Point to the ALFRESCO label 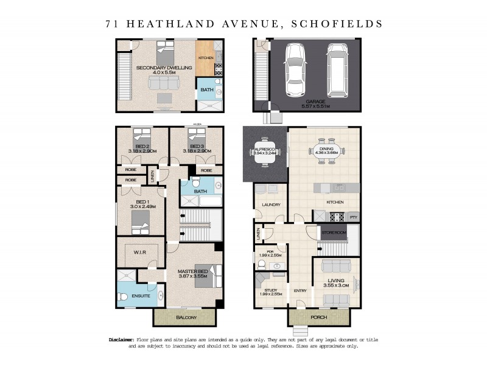click(265, 148)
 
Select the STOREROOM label click(334, 232)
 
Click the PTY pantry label click(352, 217)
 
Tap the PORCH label click(306, 316)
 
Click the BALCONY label click(184, 318)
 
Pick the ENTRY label click(300, 290)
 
